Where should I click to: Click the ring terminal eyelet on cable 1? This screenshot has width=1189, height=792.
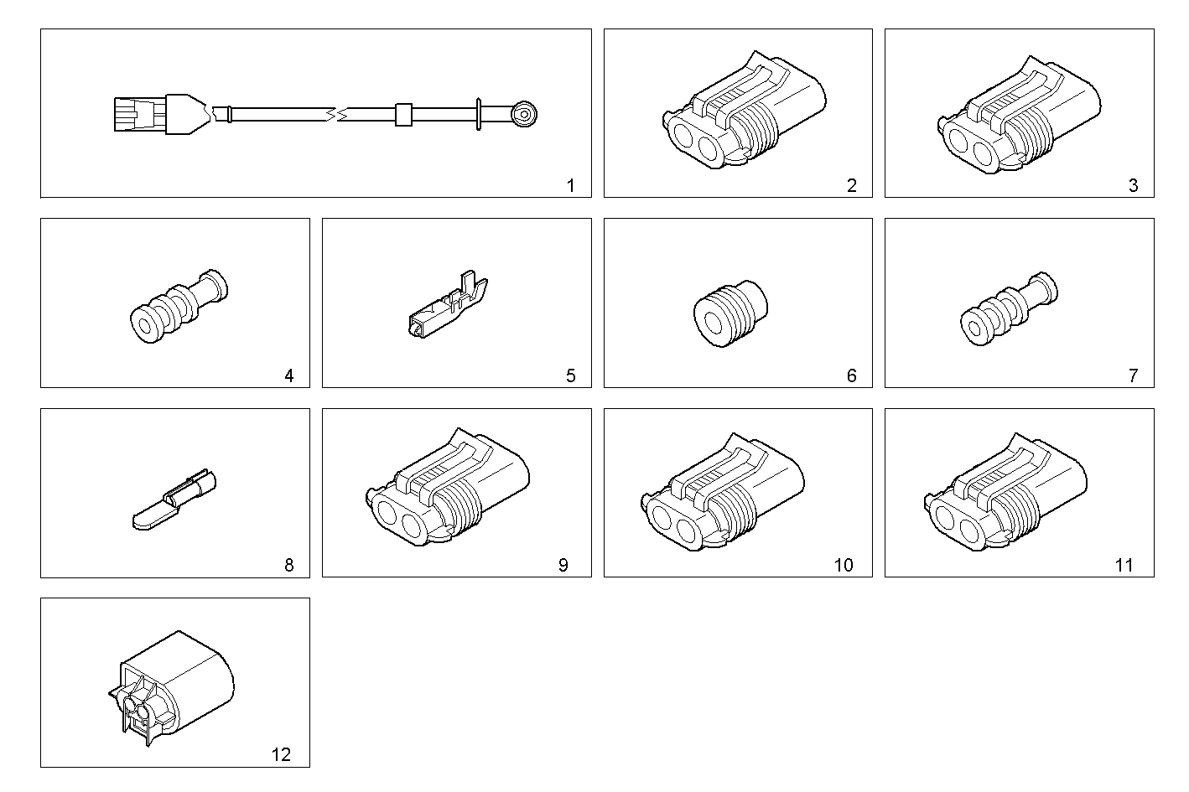[524, 113]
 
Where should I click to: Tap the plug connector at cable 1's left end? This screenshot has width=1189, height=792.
[138, 114]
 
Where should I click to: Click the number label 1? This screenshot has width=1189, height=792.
[570, 185]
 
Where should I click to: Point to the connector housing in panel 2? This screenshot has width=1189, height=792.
[741, 114]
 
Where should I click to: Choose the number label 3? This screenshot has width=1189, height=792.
[1133, 185]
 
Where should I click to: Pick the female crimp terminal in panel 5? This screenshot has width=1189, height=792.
[448, 310]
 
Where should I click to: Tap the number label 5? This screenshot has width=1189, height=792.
[570, 375]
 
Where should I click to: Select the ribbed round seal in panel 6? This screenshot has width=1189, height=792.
[729, 314]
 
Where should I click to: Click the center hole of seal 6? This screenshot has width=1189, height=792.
[714, 324]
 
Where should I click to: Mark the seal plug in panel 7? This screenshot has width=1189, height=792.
[1008, 310]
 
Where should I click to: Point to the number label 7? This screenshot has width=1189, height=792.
[1133, 375]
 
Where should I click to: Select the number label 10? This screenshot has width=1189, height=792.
[843, 565]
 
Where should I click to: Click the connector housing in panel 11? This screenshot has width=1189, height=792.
[1006, 495]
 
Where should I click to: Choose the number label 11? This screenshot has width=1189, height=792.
[1124, 565]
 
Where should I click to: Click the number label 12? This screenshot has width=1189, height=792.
[281, 754]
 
